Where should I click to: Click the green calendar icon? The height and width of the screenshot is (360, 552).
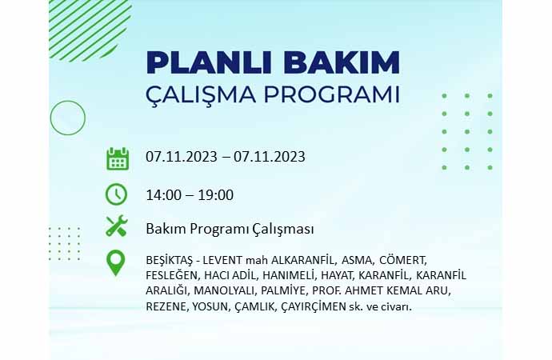pyautogui.click(x=118, y=158)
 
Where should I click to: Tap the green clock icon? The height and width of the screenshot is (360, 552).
pyautogui.click(x=116, y=194)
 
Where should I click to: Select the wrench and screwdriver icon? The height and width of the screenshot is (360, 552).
pyautogui.click(x=117, y=226)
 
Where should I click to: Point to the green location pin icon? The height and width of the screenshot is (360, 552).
pyautogui.click(x=115, y=263)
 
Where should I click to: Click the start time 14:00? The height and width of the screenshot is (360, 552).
pyautogui.click(x=164, y=194)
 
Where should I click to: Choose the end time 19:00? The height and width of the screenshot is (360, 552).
pyautogui.click(x=216, y=194)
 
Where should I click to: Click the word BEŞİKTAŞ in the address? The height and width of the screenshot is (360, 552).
pyautogui.click(x=170, y=261)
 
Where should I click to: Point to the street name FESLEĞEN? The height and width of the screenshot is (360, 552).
pyautogui.click(x=173, y=275)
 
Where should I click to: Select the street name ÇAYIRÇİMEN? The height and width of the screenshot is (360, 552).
pyautogui.click(x=314, y=307)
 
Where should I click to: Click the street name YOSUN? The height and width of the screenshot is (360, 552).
pyautogui.click(x=211, y=307)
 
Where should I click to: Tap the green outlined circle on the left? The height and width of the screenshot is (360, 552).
pyautogui.click(x=68, y=101)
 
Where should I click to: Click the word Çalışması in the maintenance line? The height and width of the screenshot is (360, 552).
pyautogui.click(x=282, y=230)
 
